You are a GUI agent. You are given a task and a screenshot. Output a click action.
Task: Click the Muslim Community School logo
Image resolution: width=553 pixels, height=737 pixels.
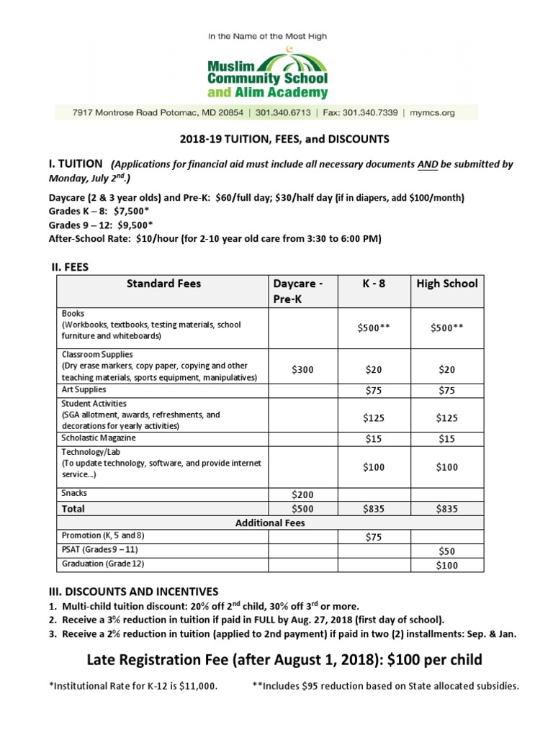pyautogui.click(x=267, y=73)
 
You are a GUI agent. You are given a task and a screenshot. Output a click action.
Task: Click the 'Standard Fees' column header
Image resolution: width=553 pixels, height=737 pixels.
pyautogui.click(x=163, y=284)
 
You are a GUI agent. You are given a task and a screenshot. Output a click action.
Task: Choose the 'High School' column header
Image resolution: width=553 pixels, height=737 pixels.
pyautogui.click(x=446, y=284)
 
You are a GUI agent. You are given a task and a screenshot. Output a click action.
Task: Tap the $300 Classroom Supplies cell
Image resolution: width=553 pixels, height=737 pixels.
pyautogui.click(x=302, y=369)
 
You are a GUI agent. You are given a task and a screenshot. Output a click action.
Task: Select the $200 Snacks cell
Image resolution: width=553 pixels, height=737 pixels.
pyautogui.click(x=302, y=494)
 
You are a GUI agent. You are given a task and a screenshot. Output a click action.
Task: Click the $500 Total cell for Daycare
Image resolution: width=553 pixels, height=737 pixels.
pyautogui.click(x=302, y=509)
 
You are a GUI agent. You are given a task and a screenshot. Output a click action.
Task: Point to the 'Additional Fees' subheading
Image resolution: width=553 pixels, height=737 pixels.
pyautogui.click(x=270, y=523)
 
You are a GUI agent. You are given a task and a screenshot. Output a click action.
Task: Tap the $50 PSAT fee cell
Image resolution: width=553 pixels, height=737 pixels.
pyautogui.click(x=446, y=551)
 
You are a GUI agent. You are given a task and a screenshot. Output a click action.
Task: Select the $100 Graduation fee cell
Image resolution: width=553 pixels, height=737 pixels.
pyautogui.click(x=446, y=566)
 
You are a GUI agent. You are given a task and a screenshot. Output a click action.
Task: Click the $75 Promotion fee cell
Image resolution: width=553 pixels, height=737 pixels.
pyautogui.click(x=373, y=537)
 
